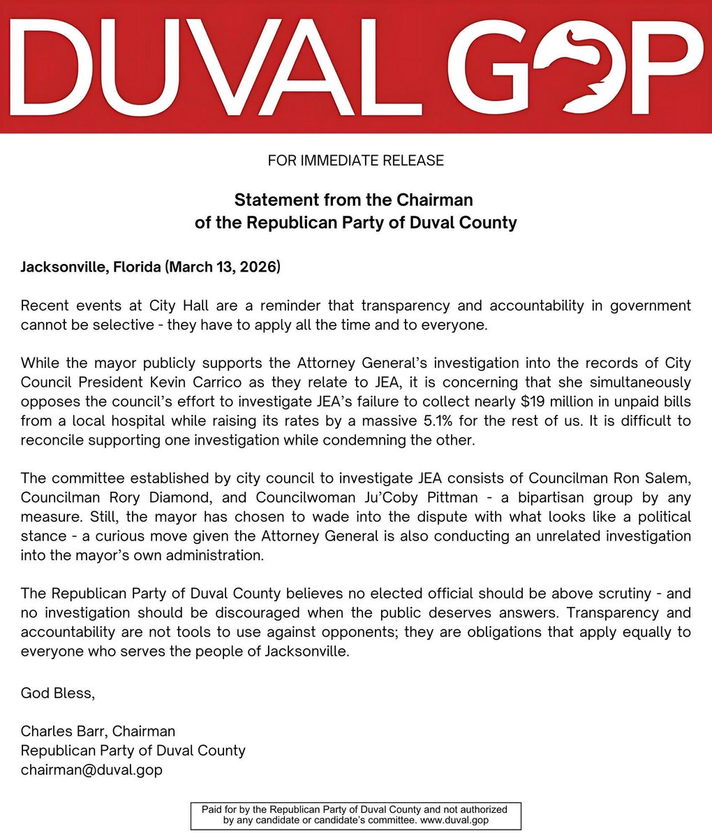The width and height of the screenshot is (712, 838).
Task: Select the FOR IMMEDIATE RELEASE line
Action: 355,161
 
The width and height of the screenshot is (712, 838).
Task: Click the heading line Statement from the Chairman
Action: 354,200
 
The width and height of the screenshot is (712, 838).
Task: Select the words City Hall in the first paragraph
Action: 175,306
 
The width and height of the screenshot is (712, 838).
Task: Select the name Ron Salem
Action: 655,478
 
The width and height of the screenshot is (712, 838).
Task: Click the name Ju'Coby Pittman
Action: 379,498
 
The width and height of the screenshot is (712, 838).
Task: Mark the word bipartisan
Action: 494,498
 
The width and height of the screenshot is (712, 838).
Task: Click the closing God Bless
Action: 57,693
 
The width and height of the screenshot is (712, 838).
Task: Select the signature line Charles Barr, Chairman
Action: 98,731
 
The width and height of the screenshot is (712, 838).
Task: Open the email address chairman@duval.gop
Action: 91,770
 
